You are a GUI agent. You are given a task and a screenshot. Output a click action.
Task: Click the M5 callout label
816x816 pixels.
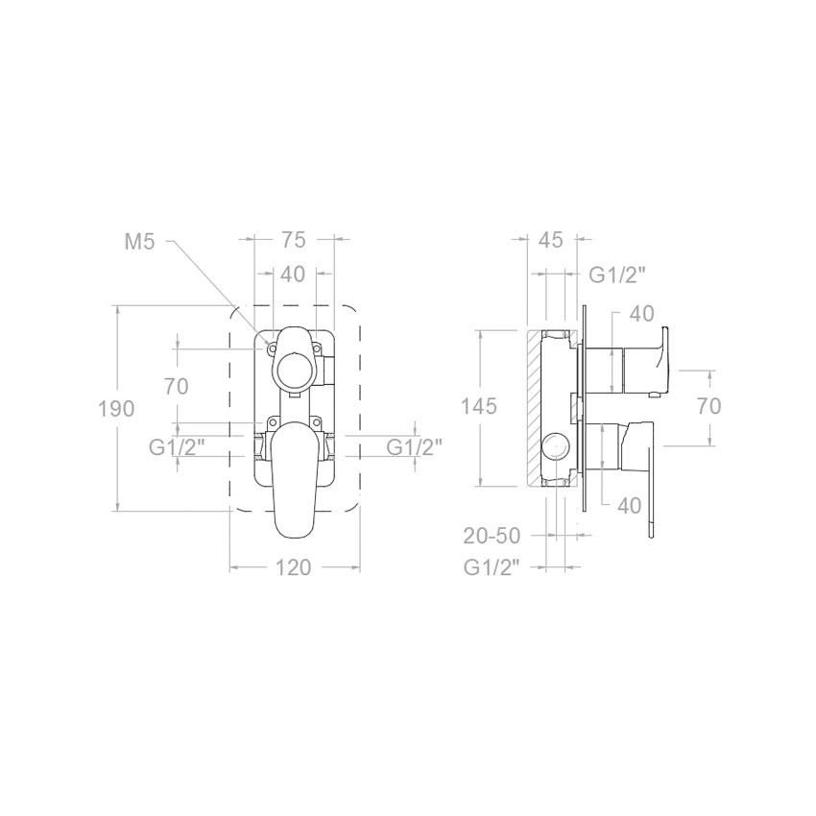[140, 242]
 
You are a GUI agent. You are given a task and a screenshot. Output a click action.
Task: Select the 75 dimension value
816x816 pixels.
[293, 240]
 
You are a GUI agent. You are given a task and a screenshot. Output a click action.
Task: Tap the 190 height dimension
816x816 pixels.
[116, 409]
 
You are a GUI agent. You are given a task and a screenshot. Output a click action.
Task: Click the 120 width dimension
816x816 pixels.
[293, 567]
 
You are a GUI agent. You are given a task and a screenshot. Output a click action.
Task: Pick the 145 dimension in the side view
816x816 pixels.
[479, 406]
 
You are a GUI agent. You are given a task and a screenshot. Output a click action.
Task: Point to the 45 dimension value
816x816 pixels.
[551, 240]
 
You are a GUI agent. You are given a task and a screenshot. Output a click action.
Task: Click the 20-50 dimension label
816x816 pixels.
[492, 536]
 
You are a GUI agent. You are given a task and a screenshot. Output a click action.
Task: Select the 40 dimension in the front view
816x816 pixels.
[293, 275]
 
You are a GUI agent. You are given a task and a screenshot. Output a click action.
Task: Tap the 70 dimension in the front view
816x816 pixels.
[176, 387]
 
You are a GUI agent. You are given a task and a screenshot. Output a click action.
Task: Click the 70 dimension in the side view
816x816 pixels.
[708, 406]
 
